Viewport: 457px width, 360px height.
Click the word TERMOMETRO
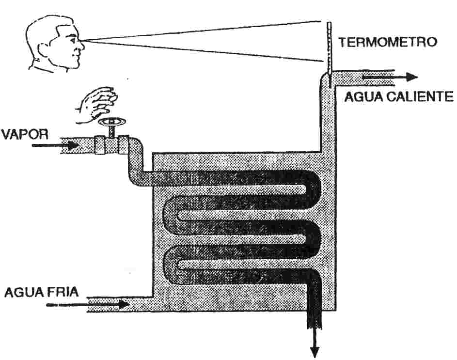[x=387, y=42]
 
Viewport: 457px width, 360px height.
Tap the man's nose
[x=82, y=46]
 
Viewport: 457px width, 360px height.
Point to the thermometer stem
[x=329, y=48]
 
